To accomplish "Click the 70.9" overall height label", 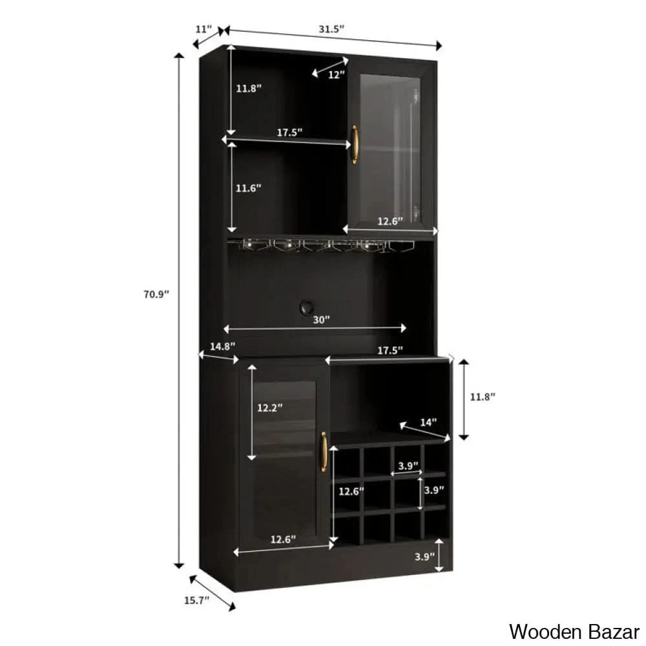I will point(156,295).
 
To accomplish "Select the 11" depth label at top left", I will point(203,29).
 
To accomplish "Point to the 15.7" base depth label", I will point(197,600).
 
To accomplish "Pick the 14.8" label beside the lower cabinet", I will point(223,346).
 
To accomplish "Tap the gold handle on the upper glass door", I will point(354,144).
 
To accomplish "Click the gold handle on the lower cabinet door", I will point(324,456).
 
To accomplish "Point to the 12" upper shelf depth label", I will point(336,74).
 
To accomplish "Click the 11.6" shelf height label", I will point(248,188).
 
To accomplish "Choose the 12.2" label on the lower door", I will point(269,408).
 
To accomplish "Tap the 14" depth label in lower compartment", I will point(428,422).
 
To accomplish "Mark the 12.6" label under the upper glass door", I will point(390,221).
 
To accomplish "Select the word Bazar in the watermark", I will point(609,630).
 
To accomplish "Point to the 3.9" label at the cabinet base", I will point(424,556).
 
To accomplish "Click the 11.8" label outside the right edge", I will point(482,397).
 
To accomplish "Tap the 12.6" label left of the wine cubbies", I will point(351,491).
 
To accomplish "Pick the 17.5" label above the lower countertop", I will point(390,350).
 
